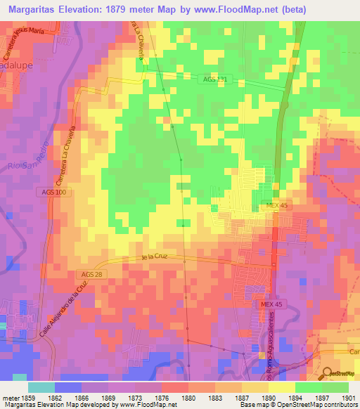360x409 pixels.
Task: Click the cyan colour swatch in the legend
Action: (x=41, y=387)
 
